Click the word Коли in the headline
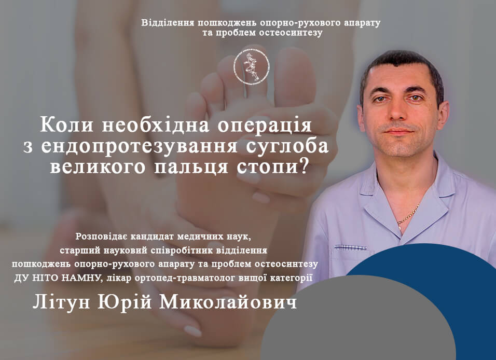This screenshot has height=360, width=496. tap(67, 125)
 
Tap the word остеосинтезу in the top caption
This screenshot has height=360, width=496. tap(291, 33)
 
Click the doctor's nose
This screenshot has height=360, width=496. tap(398, 110)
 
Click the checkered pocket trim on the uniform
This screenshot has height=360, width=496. tap(351, 247)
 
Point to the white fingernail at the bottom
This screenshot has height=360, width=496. tap(192, 331)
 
